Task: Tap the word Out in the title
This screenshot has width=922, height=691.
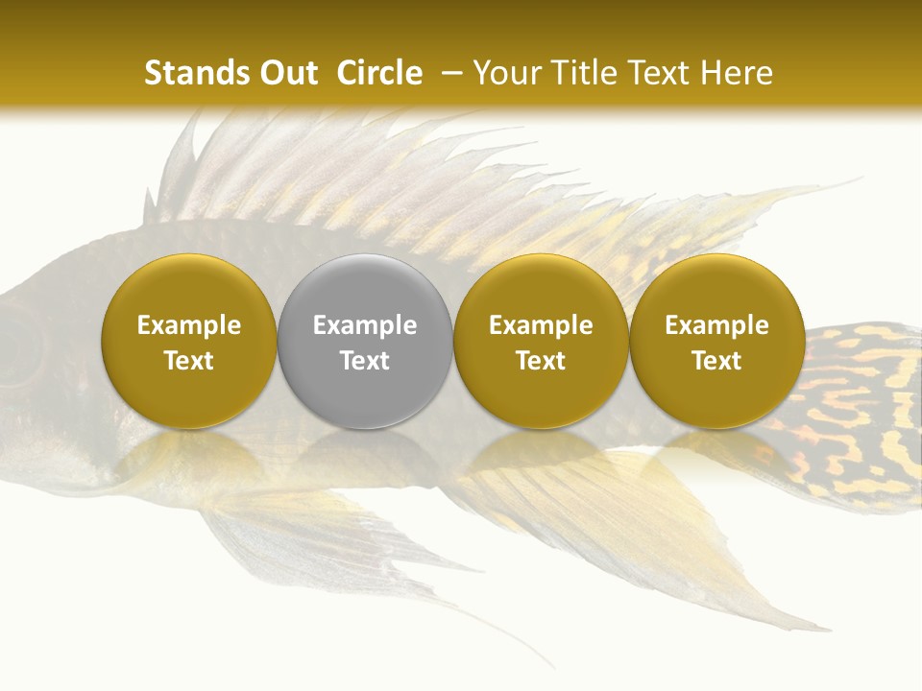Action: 285,73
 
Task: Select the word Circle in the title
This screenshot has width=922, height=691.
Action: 379,73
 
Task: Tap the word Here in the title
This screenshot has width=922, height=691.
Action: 737,73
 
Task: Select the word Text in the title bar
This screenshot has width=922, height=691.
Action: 661,73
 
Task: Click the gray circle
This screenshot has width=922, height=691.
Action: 365,341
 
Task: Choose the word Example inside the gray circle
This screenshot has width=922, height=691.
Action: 365,325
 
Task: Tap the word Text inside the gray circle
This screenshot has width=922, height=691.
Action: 365,361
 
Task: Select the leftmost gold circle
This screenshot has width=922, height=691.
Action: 189,341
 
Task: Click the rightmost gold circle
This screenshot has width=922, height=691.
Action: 716,341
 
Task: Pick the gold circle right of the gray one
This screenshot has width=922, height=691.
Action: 541,341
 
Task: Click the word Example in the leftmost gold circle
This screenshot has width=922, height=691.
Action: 189,325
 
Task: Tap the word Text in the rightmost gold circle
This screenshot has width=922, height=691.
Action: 716,361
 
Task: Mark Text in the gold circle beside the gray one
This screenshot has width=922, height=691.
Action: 541,361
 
